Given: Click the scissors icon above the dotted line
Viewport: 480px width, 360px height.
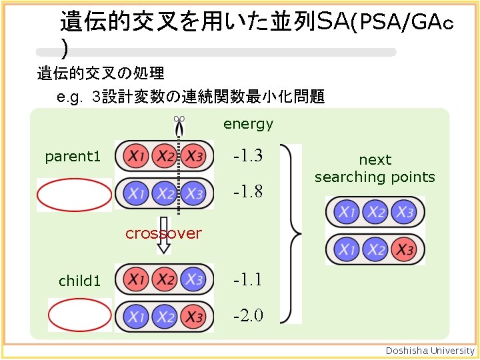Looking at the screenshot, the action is (x=179, y=121).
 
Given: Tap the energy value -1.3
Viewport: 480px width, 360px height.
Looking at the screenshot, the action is (x=247, y=157).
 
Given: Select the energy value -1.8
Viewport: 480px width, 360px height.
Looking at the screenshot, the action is (x=247, y=192).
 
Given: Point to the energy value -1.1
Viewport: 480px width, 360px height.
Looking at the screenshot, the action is (x=247, y=279).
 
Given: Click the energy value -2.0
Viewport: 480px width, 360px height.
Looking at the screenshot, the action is (x=247, y=315).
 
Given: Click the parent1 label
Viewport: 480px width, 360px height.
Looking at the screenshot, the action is (x=73, y=157).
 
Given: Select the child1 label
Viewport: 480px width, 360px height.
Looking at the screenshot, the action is (x=79, y=281).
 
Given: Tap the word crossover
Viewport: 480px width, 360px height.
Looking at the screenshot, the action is (x=163, y=233).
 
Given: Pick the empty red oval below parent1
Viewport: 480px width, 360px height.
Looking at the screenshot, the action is (x=74, y=195).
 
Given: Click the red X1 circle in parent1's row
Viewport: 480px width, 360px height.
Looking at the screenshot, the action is (x=136, y=157).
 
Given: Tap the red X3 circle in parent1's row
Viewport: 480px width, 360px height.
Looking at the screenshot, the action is (x=194, y=157).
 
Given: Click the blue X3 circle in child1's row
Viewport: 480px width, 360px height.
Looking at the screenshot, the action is (x=194, y=279).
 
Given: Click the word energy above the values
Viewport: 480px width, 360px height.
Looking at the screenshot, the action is (x=248, y=124).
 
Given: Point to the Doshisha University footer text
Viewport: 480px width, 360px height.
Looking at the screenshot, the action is (x=431, y=351).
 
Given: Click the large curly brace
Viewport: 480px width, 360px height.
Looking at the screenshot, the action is (x=292, y=233).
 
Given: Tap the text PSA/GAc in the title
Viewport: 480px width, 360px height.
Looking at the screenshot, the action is (x=403, y=24).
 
